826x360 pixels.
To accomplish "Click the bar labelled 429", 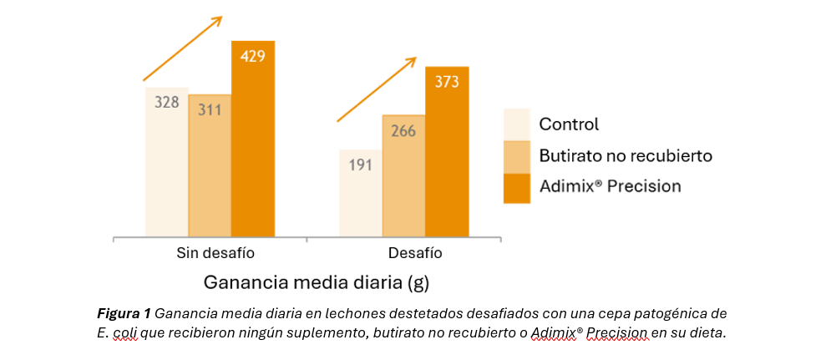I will point(252,138).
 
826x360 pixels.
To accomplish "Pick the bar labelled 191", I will point(360,193).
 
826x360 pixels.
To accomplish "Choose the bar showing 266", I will point(403,175).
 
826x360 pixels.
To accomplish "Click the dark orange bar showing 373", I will point(447,151).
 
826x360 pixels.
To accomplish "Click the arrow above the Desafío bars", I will point(377,89).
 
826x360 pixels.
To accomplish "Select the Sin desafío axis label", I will point(215,252).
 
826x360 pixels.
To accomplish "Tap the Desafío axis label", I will point(415,252).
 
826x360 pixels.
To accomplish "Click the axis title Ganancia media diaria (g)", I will point(316,282).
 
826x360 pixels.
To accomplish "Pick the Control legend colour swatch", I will point(517,124).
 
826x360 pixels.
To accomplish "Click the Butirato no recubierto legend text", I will point(625,155).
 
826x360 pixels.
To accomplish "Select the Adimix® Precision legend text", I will point(610,185).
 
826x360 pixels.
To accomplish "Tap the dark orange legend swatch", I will point(517,187).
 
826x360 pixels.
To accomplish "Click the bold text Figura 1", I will point(124,313).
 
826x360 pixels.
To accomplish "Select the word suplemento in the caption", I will point(315,332).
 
